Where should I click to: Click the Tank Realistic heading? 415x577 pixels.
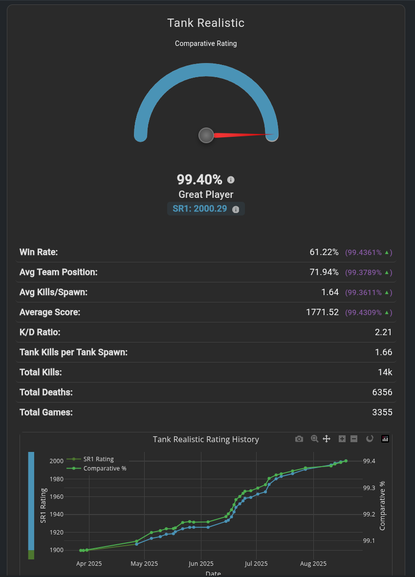(206, 23)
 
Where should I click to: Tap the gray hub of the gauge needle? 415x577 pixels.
(206, 135)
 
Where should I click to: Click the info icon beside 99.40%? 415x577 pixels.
(231, 180)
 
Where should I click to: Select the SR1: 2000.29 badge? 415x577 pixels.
(206, 209)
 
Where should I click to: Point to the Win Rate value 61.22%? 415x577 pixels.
(324, 252)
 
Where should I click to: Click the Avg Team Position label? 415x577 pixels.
(59, 272)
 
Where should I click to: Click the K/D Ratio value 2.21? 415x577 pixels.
(383, 332)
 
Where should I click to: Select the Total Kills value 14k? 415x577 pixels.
(385, 372)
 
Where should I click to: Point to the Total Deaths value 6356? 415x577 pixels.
(382, 392)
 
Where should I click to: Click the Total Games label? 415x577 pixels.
(46, 412)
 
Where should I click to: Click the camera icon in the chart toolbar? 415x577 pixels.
(299, 439)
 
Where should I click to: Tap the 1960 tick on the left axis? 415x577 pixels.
(56, 497)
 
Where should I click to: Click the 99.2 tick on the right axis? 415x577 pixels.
(369, 514)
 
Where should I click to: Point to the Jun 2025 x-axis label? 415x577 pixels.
(200, 564)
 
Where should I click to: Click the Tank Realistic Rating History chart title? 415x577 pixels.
(206, 439)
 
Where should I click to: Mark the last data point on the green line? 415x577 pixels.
(346, 461)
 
